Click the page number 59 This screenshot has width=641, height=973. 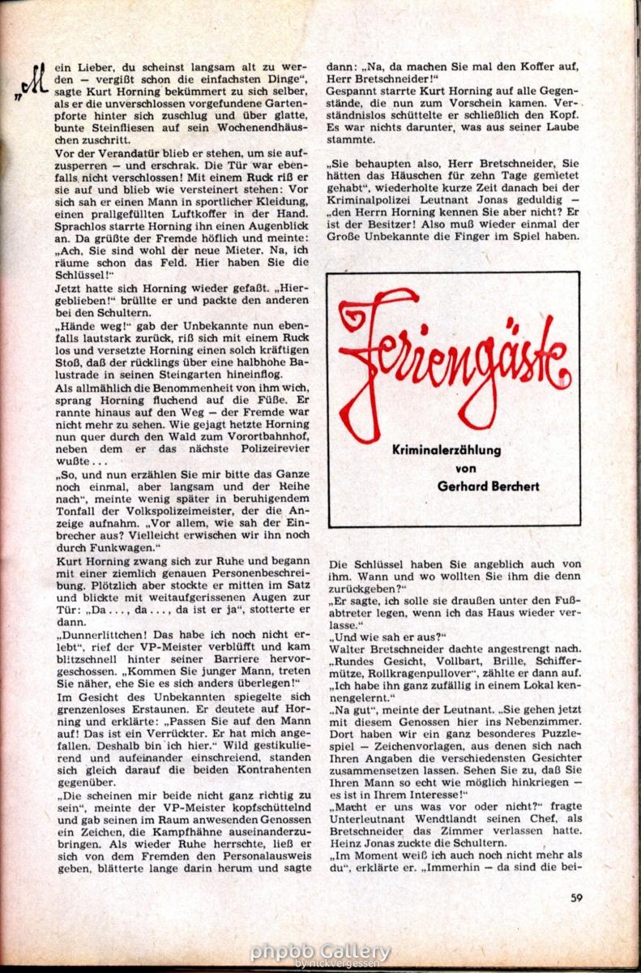click(x=577, y=897)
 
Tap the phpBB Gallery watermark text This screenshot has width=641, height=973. click(x=320, y=951)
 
